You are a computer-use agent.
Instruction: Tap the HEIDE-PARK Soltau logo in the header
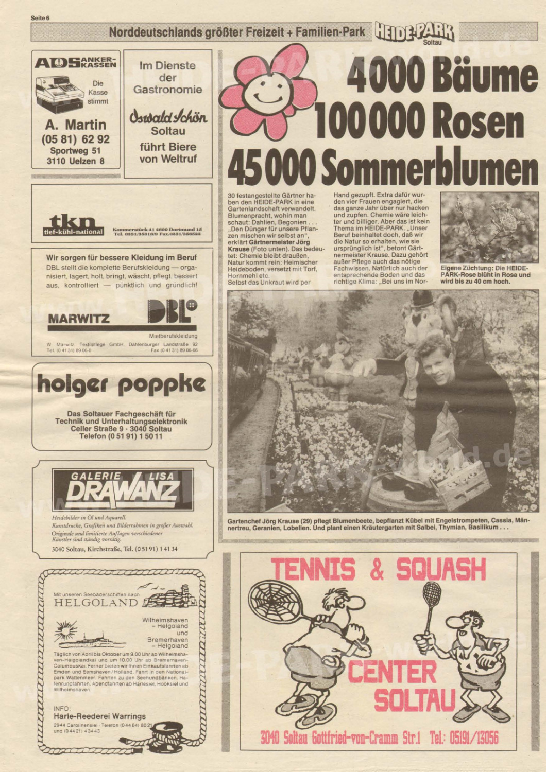pyautogui.click(x=415, y=33)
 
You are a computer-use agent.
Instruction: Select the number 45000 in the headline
pyautogui.click(x=271, y=168)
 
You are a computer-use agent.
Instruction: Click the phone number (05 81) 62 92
pyautogui.click(x=75, y=139)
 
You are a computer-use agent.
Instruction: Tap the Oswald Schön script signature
pyautogui.click(x=168, y=116)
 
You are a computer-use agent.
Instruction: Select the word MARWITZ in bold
pyautogui.click(x=78, y=319)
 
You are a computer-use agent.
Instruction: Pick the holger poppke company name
pyautogui.click(x=121, y=384)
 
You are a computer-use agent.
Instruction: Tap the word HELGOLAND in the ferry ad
pyautogui.click(x=96, y=603)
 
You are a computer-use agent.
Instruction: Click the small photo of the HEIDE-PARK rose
pyautogui.click(x=489, y=227)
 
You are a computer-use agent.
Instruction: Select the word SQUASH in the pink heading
pyautogui.click(x=441, y=569)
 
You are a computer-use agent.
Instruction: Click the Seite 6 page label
pyautogui.click(x=40, y=18)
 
